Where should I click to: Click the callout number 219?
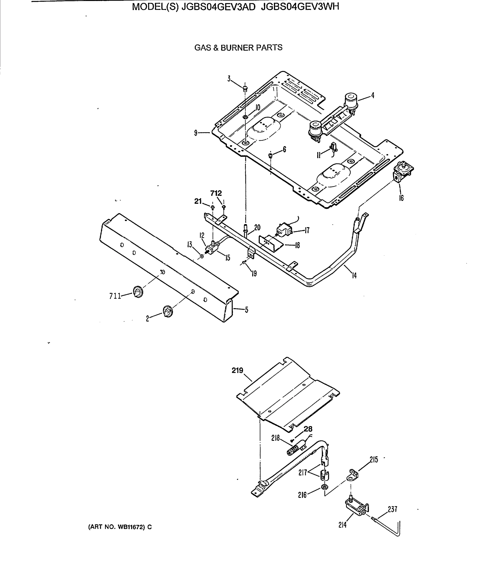[x=237, y=370]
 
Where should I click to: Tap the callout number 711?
[x=115, y=296]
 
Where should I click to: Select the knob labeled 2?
[x=168, y=311]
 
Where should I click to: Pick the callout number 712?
[x=216, y=193]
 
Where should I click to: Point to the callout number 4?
[x=372, y=95]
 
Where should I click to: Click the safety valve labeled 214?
[x=355, y=508]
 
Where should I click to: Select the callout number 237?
[x=392, y=508]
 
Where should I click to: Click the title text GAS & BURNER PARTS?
[x=238, y=48]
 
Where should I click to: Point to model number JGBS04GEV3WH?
[x=300, y=6]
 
